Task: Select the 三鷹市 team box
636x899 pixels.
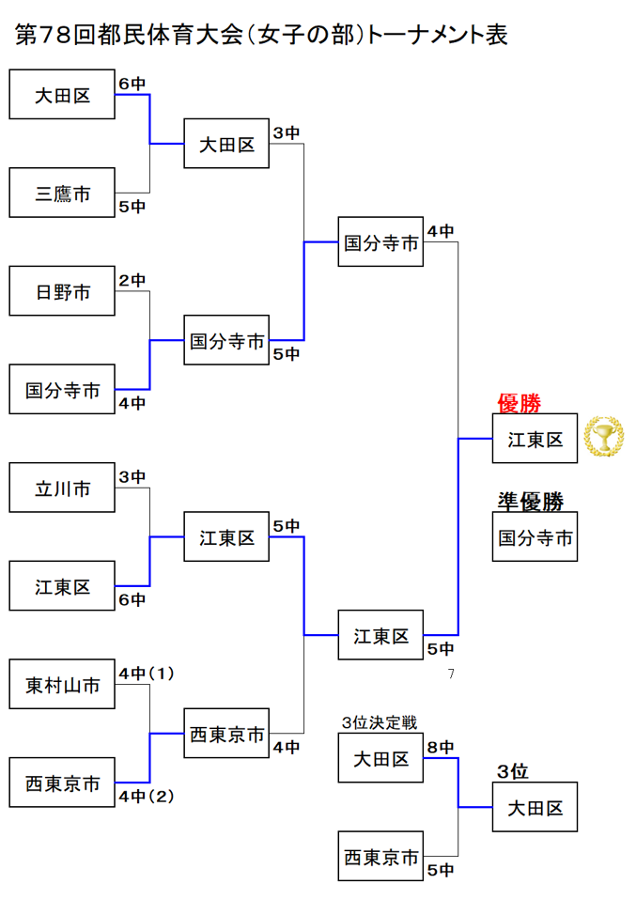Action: pos(63,194)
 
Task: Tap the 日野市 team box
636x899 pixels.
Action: pos(63,291)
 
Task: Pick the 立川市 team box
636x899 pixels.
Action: pos(63,488)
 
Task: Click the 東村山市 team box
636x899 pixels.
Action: pos(63,686)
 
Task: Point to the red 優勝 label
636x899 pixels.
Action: pos(519,404)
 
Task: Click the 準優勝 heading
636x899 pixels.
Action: pos(531,502)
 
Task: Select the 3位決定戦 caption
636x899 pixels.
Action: pos(380,721)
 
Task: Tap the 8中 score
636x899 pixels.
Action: pos(441,747)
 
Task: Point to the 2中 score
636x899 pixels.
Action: pos(132,280)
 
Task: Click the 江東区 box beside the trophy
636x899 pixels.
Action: pos(535,439)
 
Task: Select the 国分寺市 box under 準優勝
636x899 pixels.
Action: pos(535,538)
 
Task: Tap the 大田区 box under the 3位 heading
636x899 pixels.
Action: pos(535,807)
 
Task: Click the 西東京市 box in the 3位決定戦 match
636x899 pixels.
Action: pos(381,857)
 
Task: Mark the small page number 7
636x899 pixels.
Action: pos(451,674)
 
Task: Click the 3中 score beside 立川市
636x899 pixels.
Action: pos(132,477)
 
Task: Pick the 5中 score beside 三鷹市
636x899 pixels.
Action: pos(132,207)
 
